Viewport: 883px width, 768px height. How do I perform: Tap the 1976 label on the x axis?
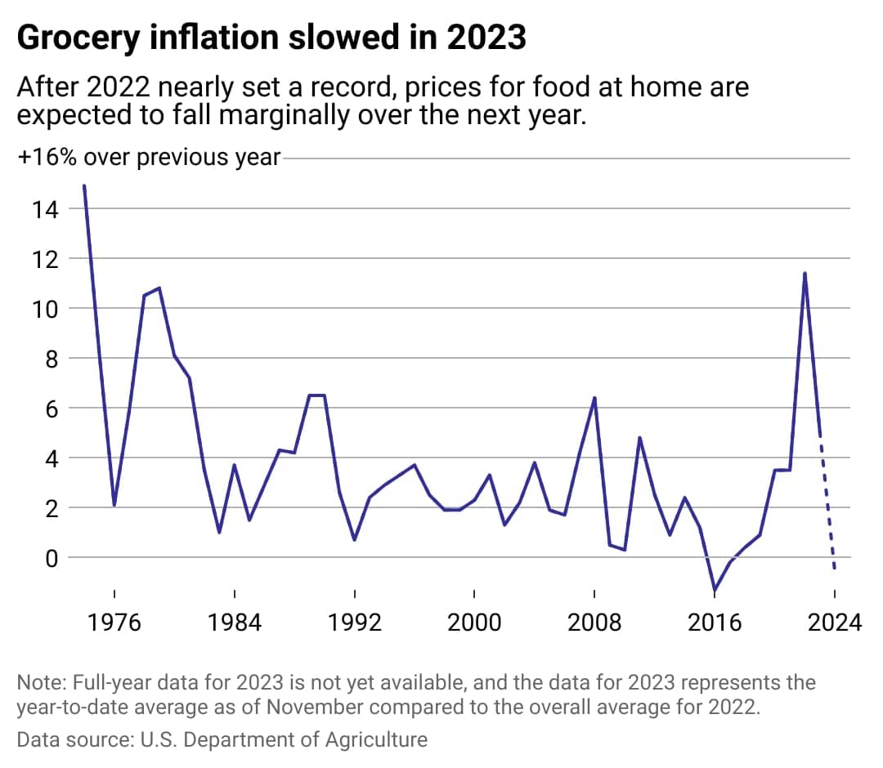[x=114, y=623]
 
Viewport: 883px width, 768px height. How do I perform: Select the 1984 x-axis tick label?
[x=235, y=623]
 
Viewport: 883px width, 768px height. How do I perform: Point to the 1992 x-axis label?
[x=355, y=623]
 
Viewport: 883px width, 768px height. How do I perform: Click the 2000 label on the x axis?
[x=475, y=623]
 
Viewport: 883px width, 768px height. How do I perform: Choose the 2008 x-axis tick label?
[x=594, y=623]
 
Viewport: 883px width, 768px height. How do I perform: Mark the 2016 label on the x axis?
[x=715, y=623]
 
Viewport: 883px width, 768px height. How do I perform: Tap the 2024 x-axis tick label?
[x=834, y=623]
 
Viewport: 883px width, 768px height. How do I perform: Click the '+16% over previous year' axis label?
[x=148, y=157]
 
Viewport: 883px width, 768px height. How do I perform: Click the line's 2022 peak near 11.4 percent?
[x=805, y=274]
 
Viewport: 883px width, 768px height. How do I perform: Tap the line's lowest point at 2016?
[x=715, y=590]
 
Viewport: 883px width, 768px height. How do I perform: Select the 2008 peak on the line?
[x=594, y=398]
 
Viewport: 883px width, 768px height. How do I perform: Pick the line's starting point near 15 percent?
[x=84, y=186]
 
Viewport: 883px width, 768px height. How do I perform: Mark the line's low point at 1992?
[x=355, y=540]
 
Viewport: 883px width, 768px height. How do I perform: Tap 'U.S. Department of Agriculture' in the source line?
[x=276, y=740]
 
